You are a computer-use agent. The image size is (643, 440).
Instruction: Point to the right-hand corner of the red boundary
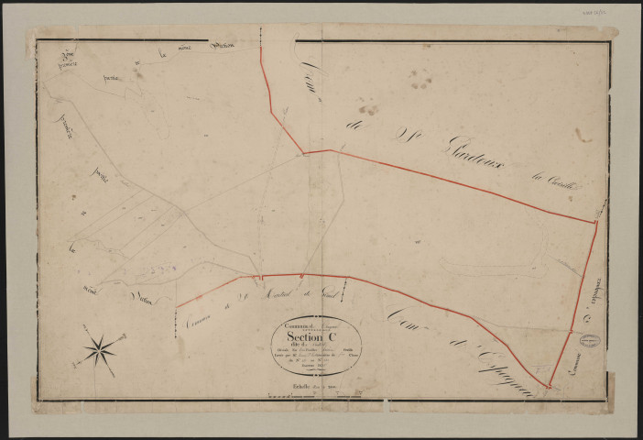[x=596, y=221]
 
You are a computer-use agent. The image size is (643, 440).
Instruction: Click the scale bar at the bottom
[x=302, y=396]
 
